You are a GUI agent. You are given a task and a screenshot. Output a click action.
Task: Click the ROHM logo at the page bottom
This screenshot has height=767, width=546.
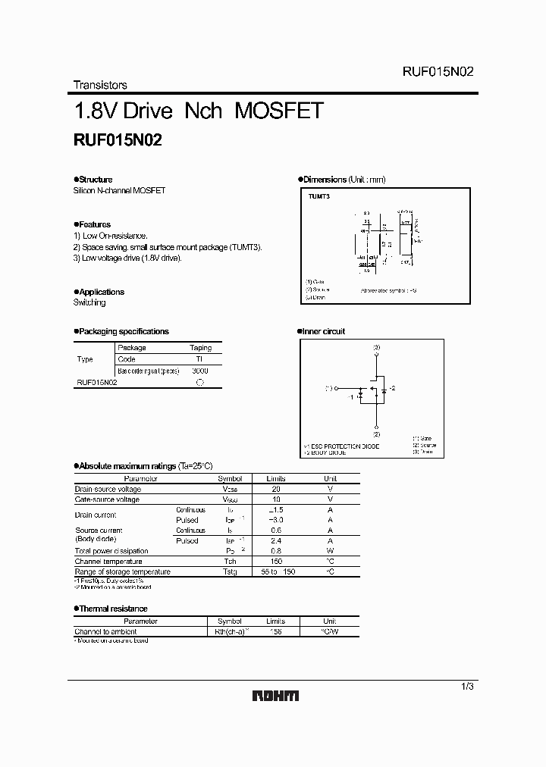coord(275,696)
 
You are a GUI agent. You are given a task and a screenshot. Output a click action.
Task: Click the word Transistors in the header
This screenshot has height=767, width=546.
coord(100,85)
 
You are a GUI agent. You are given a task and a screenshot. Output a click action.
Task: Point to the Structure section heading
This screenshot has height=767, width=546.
coord(96,180)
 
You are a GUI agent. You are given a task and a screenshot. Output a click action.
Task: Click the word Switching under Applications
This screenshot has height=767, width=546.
coord(89,302)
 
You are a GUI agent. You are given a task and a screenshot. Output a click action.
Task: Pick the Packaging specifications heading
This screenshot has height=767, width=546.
coord(124,331)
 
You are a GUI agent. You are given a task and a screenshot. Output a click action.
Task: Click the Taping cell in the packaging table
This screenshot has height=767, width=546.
coord(200,348)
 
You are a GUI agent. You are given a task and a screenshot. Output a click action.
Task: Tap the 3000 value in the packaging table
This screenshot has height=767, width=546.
coord(200,371)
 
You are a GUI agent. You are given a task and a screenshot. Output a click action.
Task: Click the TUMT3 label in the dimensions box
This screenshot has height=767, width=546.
coord(319,196)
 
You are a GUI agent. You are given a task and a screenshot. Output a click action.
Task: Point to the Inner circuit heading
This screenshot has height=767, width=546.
coord(324,331)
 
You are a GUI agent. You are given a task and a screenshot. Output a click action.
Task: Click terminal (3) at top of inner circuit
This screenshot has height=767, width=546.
coord(377,347)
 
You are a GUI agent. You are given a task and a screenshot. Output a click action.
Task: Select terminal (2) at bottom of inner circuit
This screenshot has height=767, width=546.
coord(377,434)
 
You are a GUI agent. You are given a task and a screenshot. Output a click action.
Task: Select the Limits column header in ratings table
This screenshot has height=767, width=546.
coord(275,479)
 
